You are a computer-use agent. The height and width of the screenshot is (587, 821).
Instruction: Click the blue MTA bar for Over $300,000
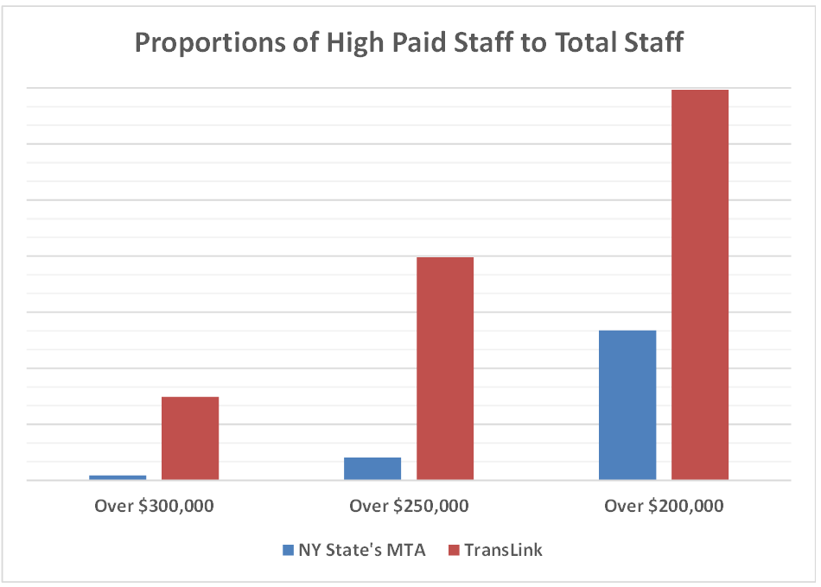tap(118, 477)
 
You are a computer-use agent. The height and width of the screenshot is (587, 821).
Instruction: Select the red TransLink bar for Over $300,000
tap(190, 439)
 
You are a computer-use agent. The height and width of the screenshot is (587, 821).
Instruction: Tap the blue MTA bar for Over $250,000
tap(372, 469)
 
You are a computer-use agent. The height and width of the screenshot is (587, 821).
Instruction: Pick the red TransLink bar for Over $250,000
tap(445, 369)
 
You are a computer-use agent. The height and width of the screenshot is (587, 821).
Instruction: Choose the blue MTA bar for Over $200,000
tap(627, 405)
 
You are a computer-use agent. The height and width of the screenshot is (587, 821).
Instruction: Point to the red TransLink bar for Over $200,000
tap(700, 285)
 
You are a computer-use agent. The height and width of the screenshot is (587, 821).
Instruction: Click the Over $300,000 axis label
tap(154, 506)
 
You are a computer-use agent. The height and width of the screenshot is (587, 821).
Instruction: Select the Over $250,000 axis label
tap(409, 506)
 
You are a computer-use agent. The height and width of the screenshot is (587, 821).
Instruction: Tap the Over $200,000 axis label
tap(664, 506)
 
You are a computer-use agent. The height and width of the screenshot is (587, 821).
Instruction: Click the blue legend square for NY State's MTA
tap(289, 550)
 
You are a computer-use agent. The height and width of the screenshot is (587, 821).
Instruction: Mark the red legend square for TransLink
tap(453, 550)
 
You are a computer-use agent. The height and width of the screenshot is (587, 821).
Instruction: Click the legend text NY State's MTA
tap(361, 550)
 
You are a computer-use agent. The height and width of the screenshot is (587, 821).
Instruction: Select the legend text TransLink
tap(503, 550)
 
